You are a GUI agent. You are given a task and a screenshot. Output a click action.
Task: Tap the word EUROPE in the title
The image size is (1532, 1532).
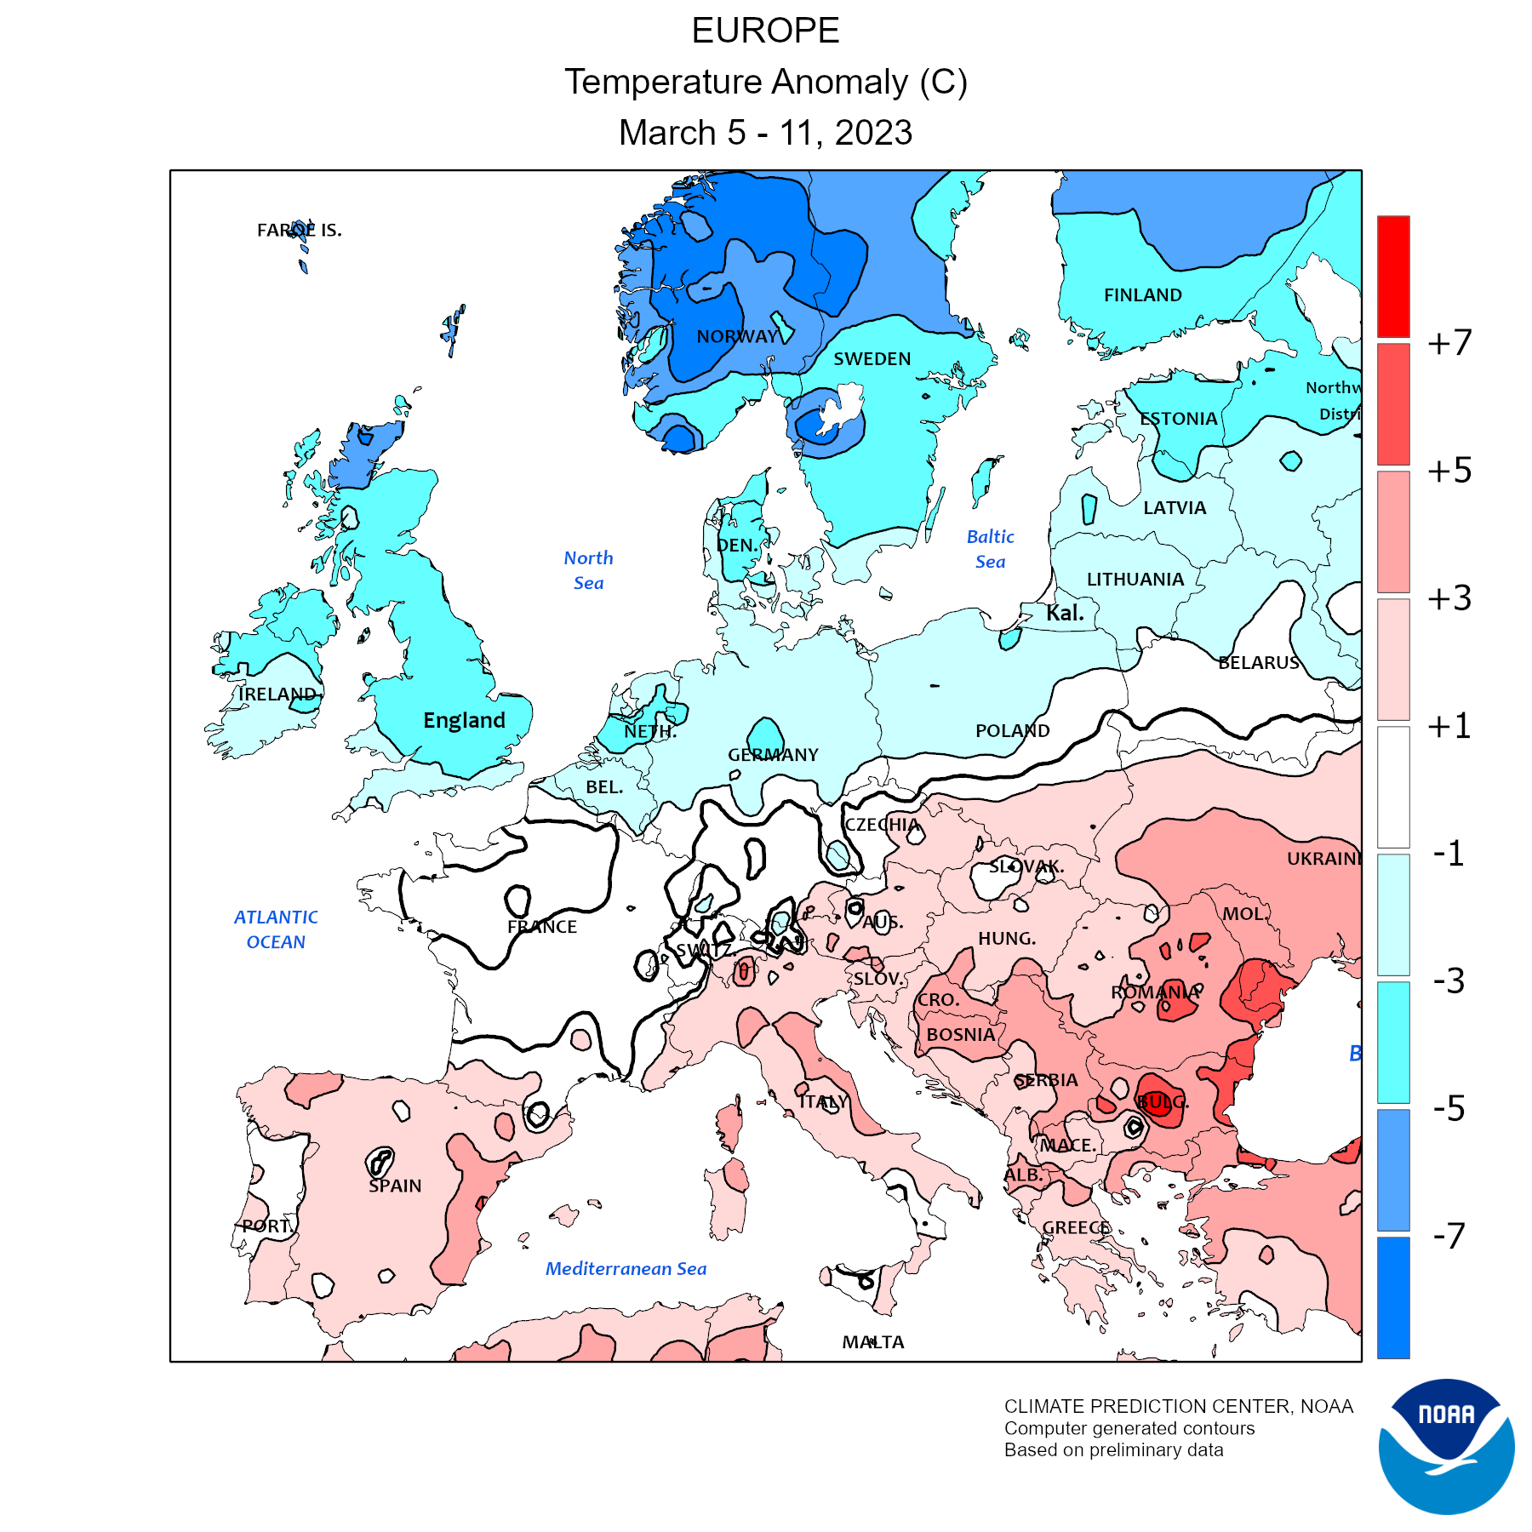click(765, 31)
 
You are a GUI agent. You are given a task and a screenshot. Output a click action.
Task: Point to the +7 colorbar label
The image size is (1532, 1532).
click(1449, 343)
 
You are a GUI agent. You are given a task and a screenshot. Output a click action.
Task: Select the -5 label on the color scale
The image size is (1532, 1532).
click(1449, 1108)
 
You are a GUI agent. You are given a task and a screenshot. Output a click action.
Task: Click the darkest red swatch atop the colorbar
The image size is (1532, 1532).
click(1393, 276)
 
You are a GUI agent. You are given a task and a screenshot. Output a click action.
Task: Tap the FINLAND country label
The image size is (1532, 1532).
click(1142, 295)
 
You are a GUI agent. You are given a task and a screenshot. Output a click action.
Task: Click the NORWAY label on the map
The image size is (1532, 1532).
click(737, 336)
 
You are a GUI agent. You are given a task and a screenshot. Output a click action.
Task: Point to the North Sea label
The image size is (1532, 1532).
click(588, 570)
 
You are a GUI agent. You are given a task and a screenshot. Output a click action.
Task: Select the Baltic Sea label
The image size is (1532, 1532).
click(991, 549)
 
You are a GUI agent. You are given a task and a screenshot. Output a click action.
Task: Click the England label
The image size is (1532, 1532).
click(464, 721)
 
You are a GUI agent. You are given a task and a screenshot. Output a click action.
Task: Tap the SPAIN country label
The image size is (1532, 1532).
click(395, 1186)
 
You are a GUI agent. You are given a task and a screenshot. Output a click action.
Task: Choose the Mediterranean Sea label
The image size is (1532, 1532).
click(626, 1269)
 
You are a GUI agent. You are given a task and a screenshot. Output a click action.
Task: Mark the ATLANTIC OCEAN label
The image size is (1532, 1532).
click(276, 929)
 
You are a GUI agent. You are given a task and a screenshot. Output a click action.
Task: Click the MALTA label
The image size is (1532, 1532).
click(873, 1342)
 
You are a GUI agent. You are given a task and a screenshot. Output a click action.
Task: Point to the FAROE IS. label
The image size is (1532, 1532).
click(300, 230)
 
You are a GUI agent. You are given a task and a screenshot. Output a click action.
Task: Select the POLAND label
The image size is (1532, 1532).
click(1012, 730)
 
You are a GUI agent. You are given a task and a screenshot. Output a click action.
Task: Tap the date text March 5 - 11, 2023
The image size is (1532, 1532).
click(765, 133)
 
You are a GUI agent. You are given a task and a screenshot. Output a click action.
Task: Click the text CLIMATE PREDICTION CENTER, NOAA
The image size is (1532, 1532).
click(1178, 1406)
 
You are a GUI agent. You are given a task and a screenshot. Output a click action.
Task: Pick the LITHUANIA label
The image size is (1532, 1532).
click(1135, 580)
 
